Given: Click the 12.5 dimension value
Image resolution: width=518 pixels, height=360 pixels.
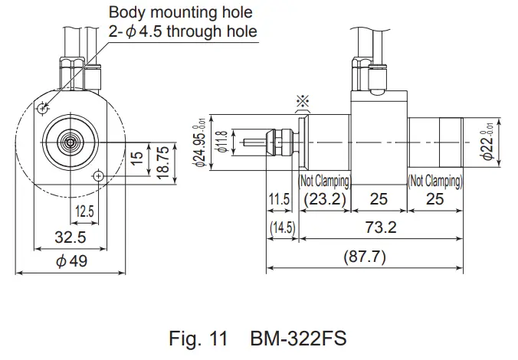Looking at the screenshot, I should click(84, 210).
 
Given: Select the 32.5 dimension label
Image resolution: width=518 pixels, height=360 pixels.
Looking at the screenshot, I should click(70, 238).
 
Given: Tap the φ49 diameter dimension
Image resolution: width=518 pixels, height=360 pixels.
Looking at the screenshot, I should click(70, 261).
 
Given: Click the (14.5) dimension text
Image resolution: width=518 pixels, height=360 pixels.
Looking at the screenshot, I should click(281, 228).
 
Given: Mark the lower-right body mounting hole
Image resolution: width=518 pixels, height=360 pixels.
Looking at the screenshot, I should click(97, 176).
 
